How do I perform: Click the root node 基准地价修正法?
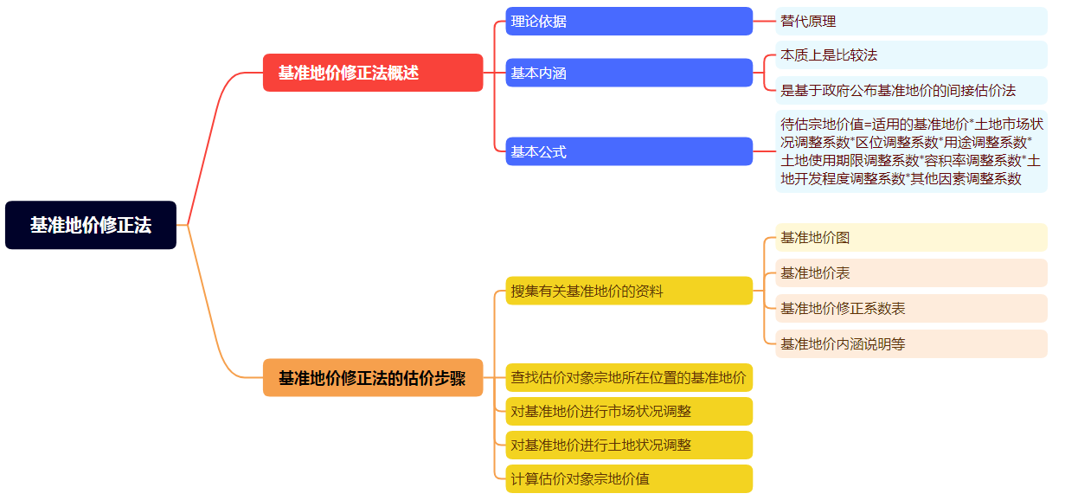[91, 225]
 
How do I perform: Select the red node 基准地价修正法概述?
[373, 73]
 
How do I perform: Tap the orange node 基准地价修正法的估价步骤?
[373, 378]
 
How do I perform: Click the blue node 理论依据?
[629, 21]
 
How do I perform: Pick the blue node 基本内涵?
[629, 73]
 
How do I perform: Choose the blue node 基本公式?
[629, 151]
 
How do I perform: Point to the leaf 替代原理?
[911, 21]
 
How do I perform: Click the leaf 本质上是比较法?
[911, 54]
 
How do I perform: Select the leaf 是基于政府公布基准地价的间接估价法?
[911, 90]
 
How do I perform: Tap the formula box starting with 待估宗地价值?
[911, 151]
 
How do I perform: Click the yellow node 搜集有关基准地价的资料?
[629, 291]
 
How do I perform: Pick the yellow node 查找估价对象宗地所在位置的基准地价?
[629, 377]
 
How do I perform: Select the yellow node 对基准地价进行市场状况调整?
[629, 411]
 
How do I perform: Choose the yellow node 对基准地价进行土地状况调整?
[629, 445]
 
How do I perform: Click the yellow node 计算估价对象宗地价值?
[629, 478]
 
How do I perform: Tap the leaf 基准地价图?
[911, 237]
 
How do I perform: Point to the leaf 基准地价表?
[911, 272]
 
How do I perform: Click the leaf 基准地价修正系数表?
[911, 308]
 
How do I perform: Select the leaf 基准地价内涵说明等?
[911, 343]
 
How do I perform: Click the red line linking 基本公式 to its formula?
[764, 151]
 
